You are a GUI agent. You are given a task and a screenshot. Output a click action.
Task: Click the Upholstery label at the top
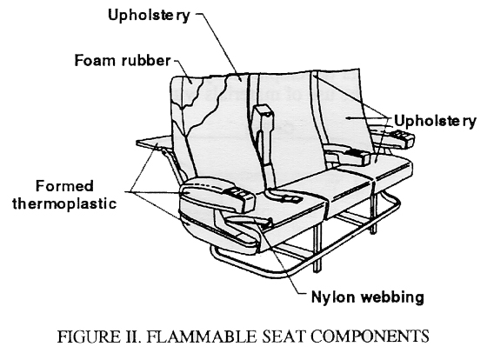149,16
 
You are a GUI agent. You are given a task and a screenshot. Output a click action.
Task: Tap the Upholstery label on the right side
435,121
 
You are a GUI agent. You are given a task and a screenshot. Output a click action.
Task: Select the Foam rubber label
123,60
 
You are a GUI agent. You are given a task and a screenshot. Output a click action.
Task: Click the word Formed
64,186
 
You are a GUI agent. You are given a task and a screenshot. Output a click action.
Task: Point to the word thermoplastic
64,204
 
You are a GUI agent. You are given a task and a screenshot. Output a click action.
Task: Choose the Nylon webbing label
367,297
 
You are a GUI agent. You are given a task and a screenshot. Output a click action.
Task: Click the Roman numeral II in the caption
132,337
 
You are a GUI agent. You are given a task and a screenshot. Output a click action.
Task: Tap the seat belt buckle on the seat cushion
288,199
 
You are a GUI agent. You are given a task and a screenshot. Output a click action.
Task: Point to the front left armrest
217,195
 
